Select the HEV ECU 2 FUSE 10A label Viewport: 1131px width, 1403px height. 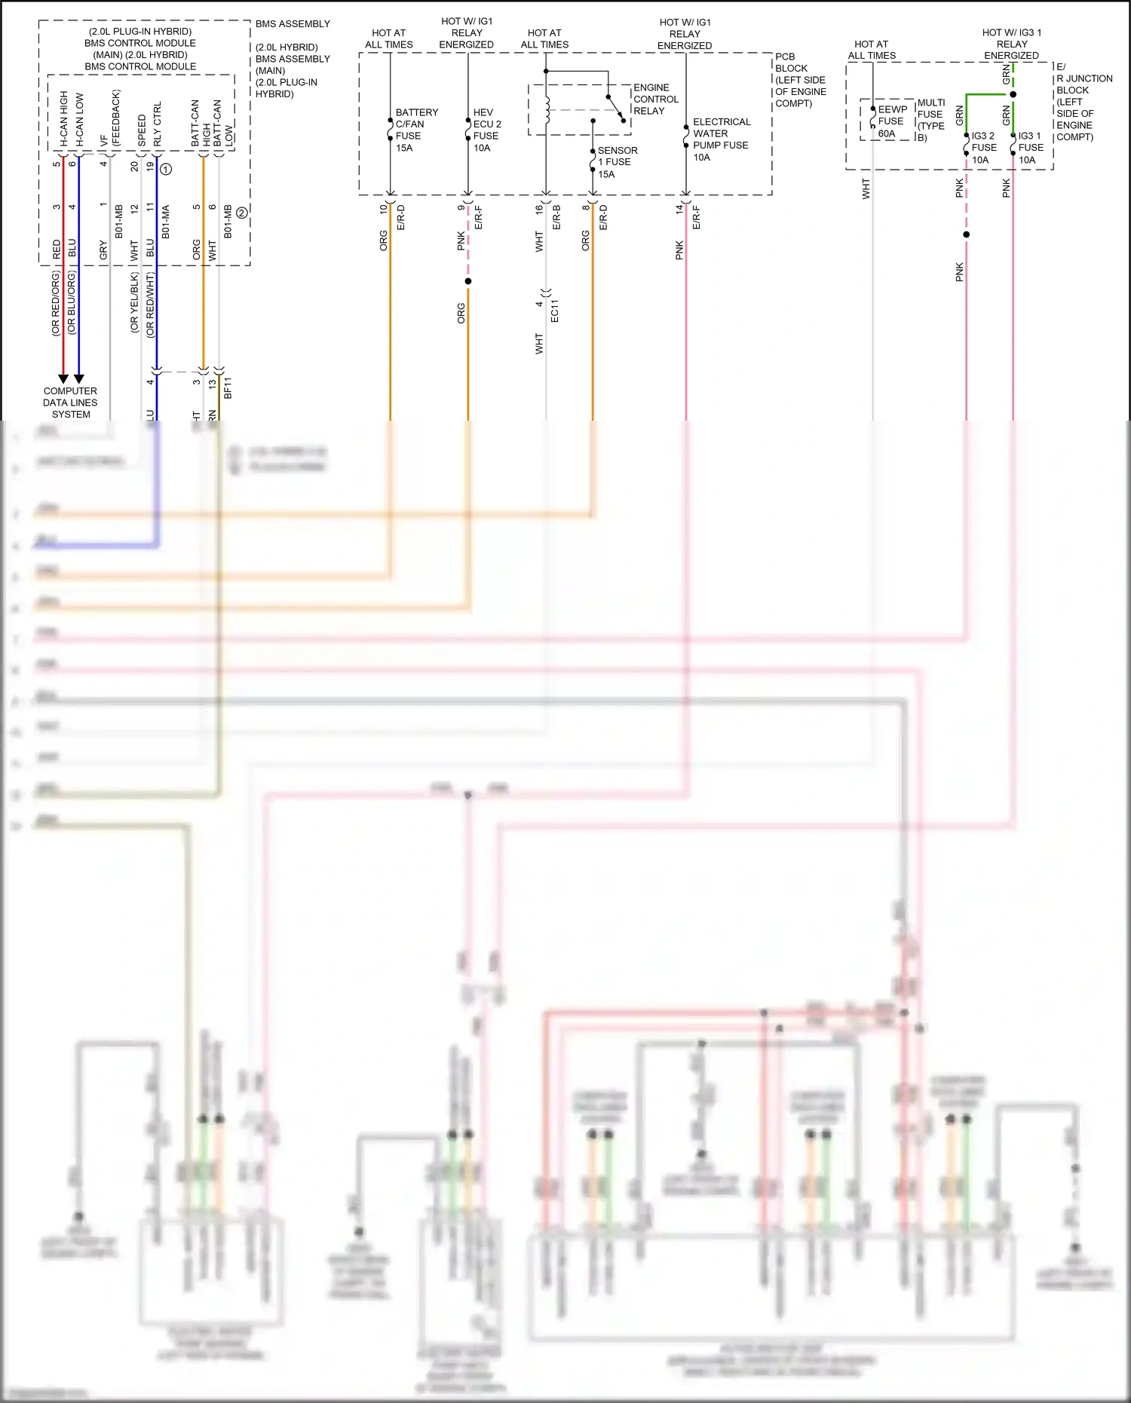(486, 130)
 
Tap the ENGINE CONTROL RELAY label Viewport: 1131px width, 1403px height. (655, 99)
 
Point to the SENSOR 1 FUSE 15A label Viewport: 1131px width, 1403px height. (616, 162)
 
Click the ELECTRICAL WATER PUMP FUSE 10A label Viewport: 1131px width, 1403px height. (720, 139)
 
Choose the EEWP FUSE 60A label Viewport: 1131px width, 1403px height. (891, 121)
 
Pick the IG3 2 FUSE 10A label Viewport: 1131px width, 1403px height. (983, 148)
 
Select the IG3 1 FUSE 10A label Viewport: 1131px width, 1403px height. (1030, 148)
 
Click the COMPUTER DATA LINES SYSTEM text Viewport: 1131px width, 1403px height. (70, 403)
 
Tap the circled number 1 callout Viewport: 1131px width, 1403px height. (166, 169)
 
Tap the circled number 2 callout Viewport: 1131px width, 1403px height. (241, 213)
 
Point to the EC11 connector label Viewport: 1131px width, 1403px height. (555, 311)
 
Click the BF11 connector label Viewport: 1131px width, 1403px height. (228, 388)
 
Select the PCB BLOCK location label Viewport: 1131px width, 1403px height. (799, 80)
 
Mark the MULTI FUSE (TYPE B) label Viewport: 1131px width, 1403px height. (930, 120)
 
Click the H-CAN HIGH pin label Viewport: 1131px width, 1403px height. (63, 119)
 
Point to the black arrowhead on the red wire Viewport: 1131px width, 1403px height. (63, 378)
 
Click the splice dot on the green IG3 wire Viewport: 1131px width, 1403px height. (1013, 94)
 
